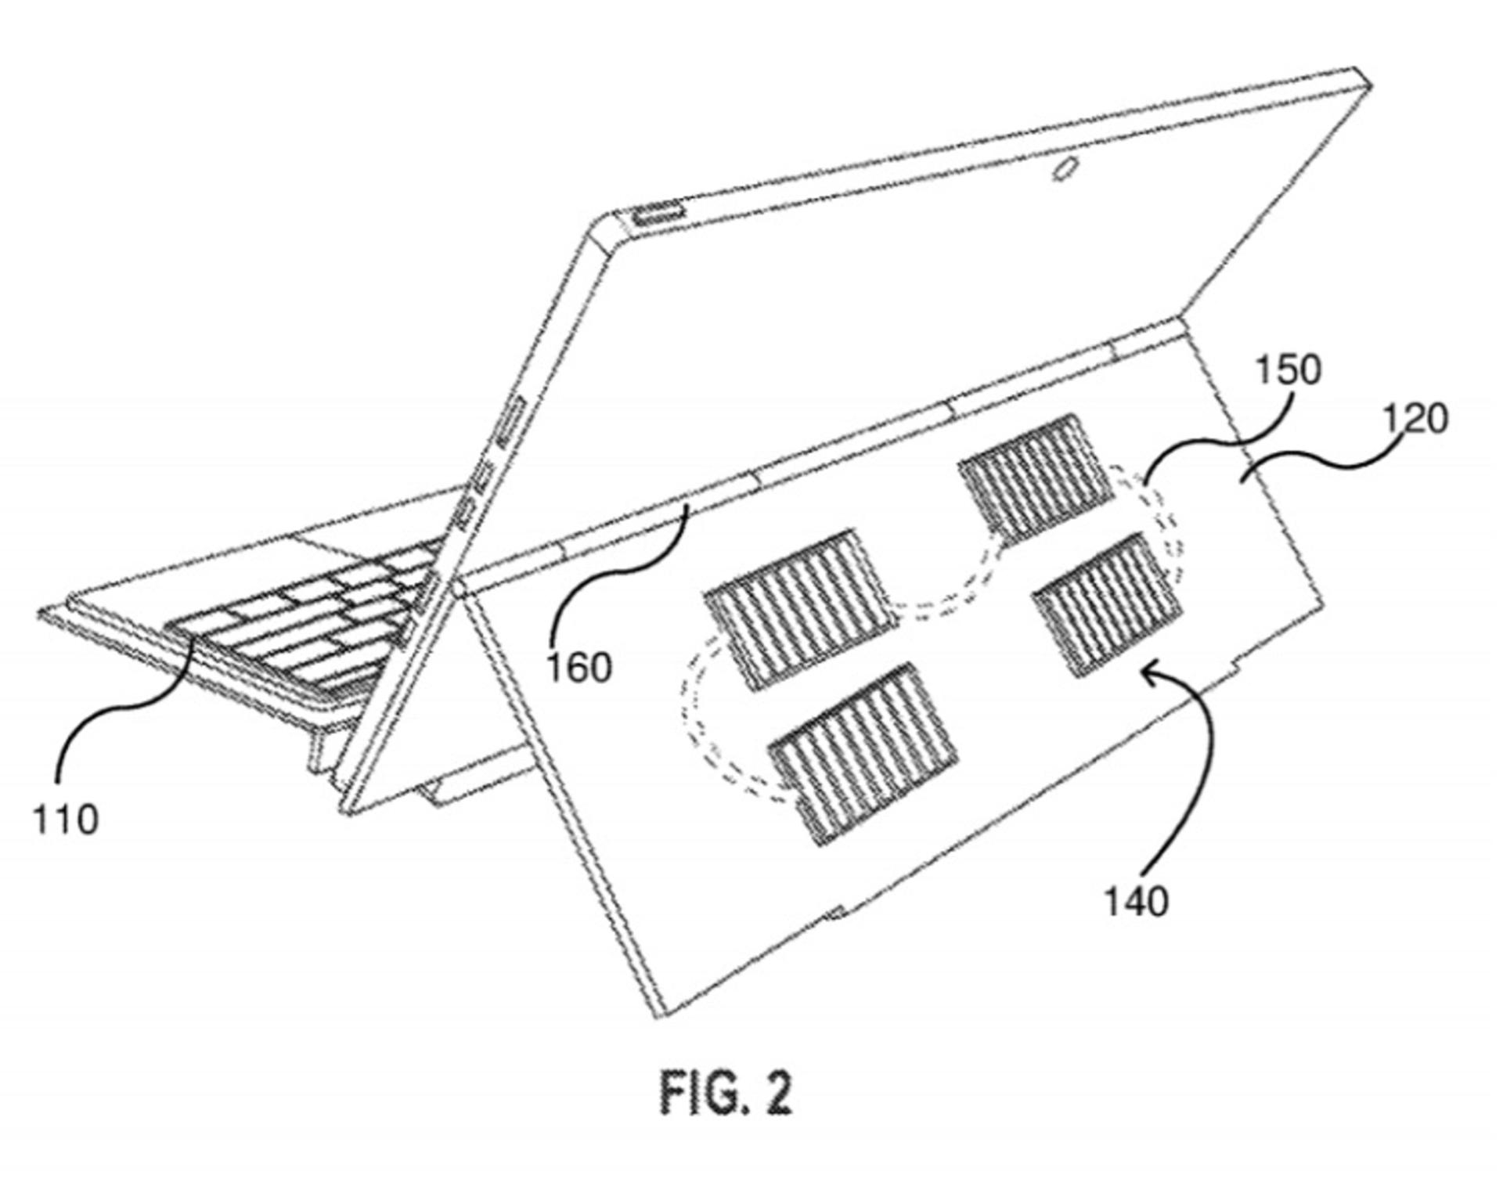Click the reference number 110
66,820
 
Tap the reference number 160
578,668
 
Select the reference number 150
1289,369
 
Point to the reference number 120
1416,420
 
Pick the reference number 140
1136,901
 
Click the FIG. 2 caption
726,1093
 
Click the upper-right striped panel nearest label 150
1035,478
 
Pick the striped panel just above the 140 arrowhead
1107,604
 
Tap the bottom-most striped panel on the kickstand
863,755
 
